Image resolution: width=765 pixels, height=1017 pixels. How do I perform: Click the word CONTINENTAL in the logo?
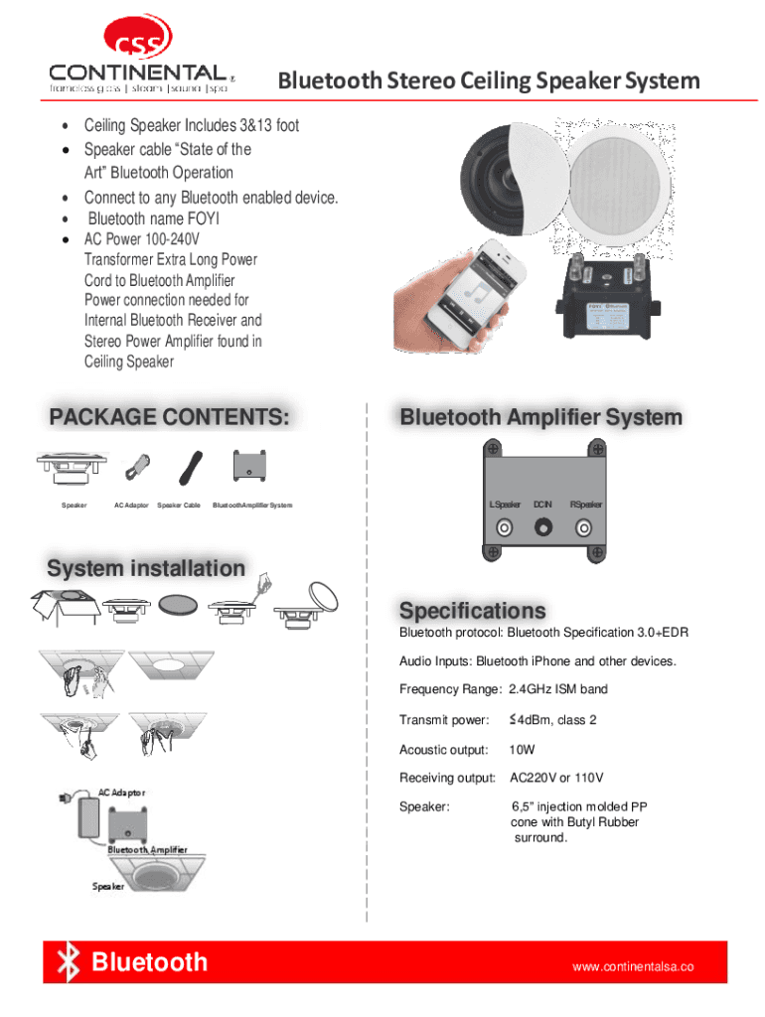[x=137, y=73]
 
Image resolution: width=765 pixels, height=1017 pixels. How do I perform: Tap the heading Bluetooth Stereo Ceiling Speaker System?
[x=488, y=80]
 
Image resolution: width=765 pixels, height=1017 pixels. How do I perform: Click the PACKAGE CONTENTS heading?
[x=170, y=416]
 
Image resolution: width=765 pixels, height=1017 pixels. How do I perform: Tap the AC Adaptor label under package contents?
[x=131, y=506]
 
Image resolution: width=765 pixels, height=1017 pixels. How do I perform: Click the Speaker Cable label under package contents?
[x=180, y=506]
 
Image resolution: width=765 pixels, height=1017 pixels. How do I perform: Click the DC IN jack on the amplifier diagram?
[x=543, y=527]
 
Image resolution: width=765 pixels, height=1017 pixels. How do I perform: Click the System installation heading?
[x=146, y=568]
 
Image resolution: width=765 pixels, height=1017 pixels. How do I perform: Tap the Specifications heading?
[x=472, y=609]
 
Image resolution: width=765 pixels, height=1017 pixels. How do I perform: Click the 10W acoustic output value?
[x=522, y=750]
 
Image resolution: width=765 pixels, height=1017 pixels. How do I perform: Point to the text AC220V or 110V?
[x=556, y=778]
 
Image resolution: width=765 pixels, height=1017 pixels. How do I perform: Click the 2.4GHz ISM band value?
[x=557, y=689]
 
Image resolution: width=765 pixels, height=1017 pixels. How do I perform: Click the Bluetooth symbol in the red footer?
[x=68, y=962]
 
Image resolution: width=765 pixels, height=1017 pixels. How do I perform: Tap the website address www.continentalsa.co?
[x=632, y=966]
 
